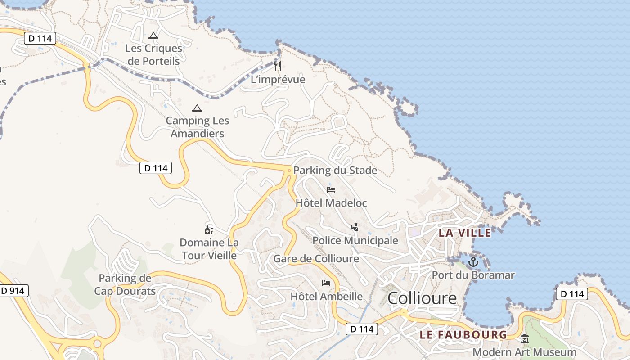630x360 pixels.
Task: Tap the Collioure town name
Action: click(x=422, y=298)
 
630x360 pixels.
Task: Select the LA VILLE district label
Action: click(x=465, y=233)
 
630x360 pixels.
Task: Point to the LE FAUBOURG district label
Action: click(x=463, y=335)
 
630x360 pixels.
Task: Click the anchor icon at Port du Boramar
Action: click(x=473, y=261)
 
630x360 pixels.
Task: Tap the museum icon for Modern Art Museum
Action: click(x=525, y=339)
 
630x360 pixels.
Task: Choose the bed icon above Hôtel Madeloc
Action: click(x=331, y=189)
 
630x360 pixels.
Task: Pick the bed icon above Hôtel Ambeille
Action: click(x=326, y=283)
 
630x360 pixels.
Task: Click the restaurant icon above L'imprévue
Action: click(x=278, y=66)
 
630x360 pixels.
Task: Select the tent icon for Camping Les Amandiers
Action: click(x=197, y=108)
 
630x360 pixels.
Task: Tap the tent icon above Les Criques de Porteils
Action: click(x=153, y=36)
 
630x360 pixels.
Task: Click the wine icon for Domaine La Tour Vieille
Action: click(x=209, y=230)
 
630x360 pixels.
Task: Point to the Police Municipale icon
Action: click(x=355, y=227)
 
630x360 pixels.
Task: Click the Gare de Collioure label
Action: click(x=316, y=259)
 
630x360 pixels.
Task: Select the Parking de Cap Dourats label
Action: click(x=125, y=284)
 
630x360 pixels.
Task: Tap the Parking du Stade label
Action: click(x=335, y=171)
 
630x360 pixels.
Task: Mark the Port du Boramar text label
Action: click(x=473, y=274)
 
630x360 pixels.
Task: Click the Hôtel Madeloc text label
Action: click(x=331, y=203)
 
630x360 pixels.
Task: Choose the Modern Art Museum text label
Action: click(x=524, y=352)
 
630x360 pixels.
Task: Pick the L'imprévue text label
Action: click(x=278, y=80)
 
